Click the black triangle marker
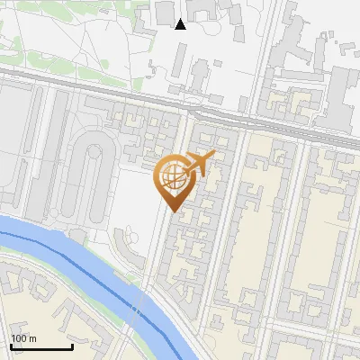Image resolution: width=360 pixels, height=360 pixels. tap(181, 23)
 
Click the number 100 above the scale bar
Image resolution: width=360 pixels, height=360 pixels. tap(18, 338)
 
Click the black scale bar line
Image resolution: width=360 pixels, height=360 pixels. tap(41, 346)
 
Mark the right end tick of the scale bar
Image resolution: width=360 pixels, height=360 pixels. tap(72, 346)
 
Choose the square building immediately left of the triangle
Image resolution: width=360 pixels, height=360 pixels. tap(165, 12)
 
